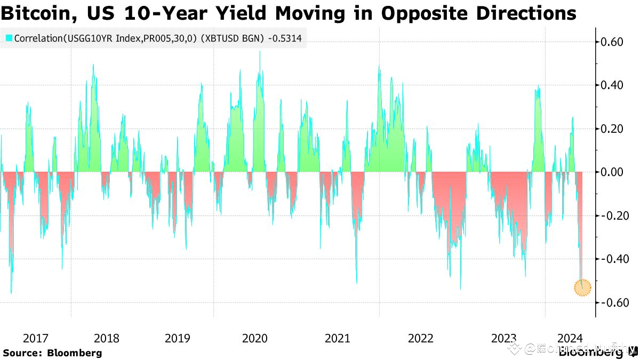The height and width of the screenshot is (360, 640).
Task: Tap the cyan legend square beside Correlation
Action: (9, 38)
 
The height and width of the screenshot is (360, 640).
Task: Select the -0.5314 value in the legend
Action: (288, 38)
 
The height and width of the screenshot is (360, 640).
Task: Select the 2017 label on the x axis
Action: (36, 338)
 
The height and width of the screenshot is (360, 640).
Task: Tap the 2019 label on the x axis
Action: (178, 338)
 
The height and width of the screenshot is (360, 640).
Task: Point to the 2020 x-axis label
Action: (255, 338)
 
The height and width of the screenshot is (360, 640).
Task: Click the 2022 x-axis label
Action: (420, 338)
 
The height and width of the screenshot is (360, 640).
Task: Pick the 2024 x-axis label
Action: (570, 338)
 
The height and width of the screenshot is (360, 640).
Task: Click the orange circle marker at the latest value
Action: (583, 287)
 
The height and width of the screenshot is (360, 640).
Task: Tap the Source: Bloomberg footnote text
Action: (52, 353)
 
